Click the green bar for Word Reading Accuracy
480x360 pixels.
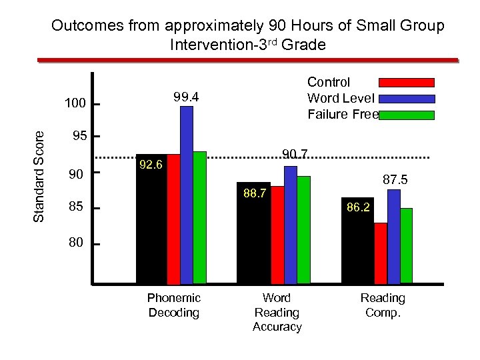(x=303, y=229)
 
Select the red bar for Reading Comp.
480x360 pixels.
(x=381, y=253)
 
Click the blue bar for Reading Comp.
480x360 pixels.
(x=393, y=237)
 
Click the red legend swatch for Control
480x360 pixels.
(x=407, y=83)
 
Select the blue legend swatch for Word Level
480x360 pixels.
(x=407, y=99)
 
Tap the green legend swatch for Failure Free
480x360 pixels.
(x=407, y=115)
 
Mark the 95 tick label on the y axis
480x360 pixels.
(x=79, y=137)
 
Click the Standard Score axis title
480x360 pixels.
(x=39, y=175)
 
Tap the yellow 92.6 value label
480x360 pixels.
(x=151, y=164)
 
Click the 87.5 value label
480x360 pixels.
(x=395, y=180)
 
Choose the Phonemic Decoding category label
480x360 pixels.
(x=173, y=305)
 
